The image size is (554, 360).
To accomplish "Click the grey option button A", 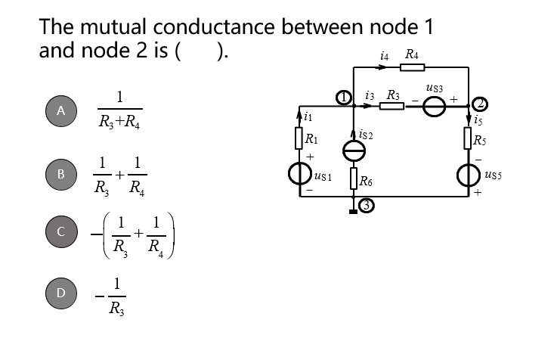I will pos(63,110).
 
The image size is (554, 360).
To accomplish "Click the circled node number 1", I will pos(344,97).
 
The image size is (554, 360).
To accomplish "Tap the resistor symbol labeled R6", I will pos(353,179).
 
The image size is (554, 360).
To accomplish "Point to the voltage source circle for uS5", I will pos(469,175).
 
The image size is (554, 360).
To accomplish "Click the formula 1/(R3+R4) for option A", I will pos(119,110).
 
